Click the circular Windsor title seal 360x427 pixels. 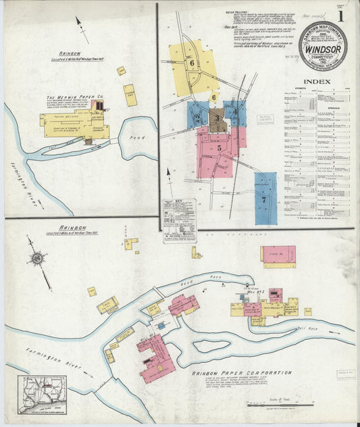coord(323,46)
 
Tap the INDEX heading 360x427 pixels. coord(317,82)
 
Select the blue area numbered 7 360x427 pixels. coord(265,198)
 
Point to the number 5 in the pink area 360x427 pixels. coord(219,147)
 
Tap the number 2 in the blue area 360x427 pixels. coord(197,117)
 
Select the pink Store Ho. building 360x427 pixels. coord(278,256)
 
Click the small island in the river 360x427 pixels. coord(209,347)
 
